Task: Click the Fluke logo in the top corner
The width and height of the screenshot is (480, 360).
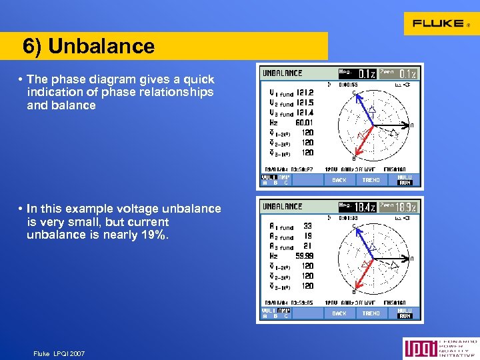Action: pos(440,23)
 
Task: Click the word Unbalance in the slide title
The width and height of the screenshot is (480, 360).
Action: pos(101,46)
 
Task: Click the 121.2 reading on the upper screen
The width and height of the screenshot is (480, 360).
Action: pos(305,93)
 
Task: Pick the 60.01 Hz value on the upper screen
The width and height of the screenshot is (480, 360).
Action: pos(304,122)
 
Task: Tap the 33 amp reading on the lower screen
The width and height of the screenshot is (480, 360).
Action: pos(307,226)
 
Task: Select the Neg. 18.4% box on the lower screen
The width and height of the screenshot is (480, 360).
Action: pos(359,207)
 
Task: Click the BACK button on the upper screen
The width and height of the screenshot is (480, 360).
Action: pos(339,180)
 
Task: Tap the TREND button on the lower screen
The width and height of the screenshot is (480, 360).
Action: pos(371,313)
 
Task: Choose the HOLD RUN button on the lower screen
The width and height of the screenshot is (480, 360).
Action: pos(405,313)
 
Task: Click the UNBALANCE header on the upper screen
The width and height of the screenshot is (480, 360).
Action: pos(282,73)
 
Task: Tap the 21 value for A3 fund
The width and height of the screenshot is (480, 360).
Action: pos(307,246)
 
